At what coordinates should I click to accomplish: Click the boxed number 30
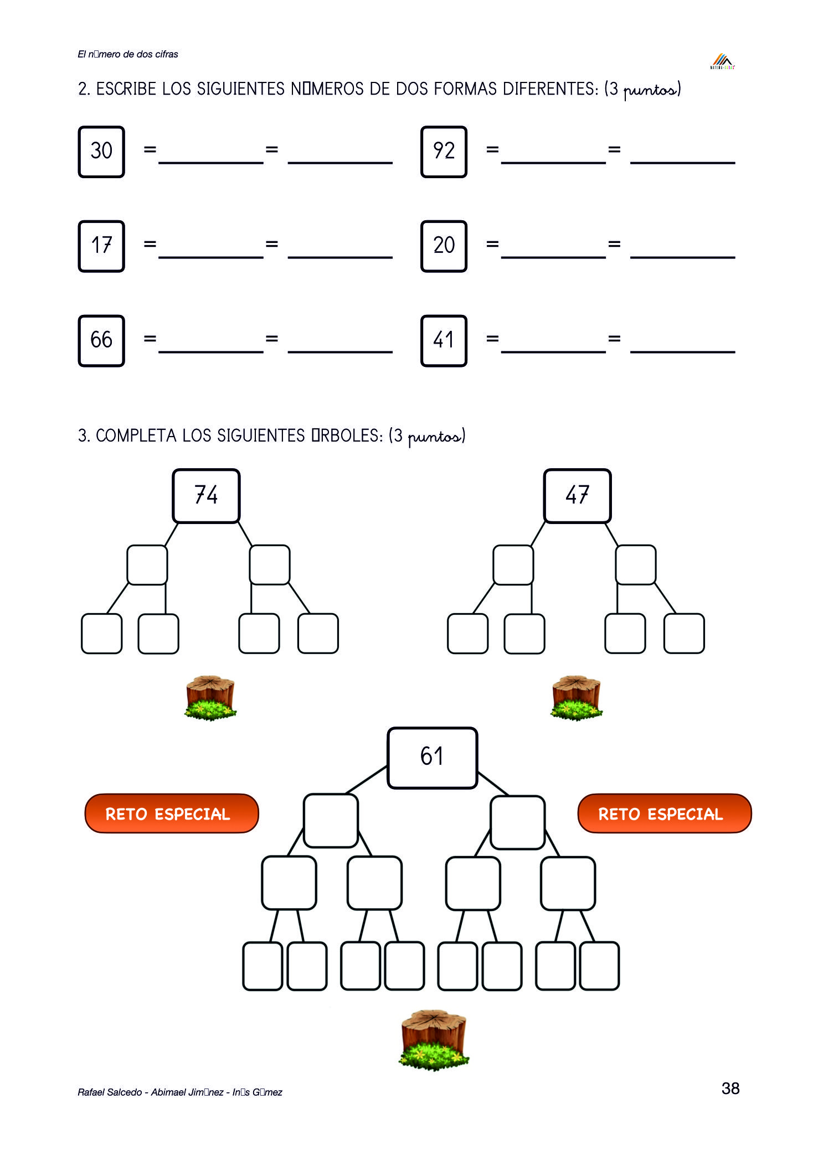click(x=101, y=151)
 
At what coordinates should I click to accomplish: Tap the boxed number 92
click(x=444, y=151)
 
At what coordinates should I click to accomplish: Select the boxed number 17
click(x=101, y=246)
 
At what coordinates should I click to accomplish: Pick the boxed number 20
click(x=444, y=246)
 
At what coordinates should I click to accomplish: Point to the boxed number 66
click(x=101, y=340)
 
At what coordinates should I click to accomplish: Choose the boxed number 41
click(x=444, y=340)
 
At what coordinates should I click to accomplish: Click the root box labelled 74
click(x=206, y=495)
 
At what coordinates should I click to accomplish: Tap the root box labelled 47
click(x=577, y=495)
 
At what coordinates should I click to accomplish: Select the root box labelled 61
click(x=432, y=757)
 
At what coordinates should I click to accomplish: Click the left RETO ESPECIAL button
click(x=171, y=813)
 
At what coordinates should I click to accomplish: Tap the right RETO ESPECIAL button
click(x=664, y=813)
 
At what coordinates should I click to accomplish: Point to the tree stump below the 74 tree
click(x=210, y=697)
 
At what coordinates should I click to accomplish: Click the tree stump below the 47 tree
click(x=577, y=697)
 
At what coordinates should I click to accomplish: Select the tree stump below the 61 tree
click(x=434, y=1039)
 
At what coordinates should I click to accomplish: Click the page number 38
click(x=730, y=1088)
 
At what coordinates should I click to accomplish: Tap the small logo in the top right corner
click(x=722, y=61)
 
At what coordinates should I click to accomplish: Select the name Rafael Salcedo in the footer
click(x=110, y=1092)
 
